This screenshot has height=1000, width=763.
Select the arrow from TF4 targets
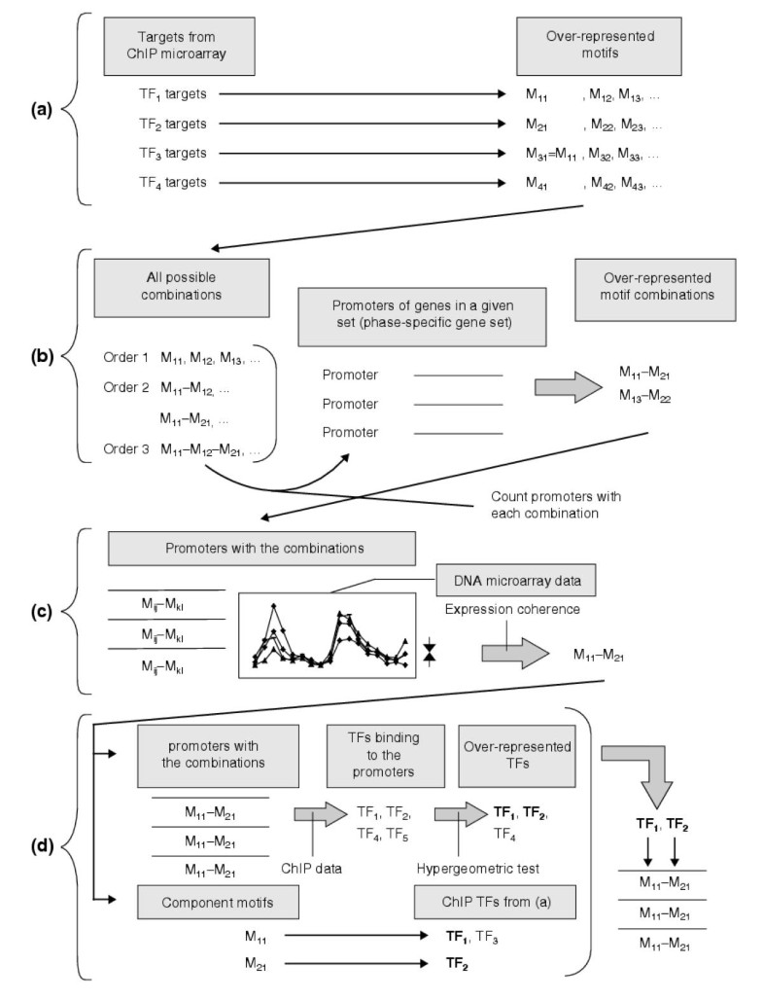coord(375,182)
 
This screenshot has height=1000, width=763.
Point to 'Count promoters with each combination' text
coord(556,503)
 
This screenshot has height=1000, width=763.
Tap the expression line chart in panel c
coord(328,637)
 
